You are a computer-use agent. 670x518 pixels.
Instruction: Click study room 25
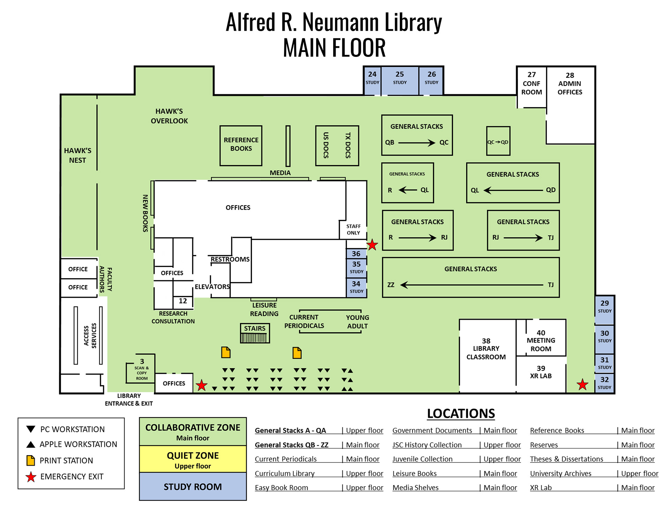tap(400, 81)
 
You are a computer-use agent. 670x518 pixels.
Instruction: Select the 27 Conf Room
tap(531, 87)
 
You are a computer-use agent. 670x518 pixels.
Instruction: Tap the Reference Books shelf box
tap(241, 146)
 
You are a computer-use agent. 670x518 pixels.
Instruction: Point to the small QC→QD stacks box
tap(498, 141)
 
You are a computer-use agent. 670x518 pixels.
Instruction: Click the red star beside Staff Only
tap(372, 245)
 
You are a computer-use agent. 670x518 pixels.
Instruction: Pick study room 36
tap(356, 254)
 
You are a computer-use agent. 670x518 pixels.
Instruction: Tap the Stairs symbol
tap(255, 333)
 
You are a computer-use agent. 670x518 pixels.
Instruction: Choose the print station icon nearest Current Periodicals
tap(297, 353)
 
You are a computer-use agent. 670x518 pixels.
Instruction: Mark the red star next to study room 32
tap(582, 385)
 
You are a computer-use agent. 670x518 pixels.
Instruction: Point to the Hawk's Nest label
tap(77, 155)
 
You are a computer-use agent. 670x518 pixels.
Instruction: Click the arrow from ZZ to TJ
tap(471, 285)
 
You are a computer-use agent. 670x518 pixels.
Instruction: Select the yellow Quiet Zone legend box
tap(193, 459)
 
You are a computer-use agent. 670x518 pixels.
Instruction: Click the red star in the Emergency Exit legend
tap(31, 477)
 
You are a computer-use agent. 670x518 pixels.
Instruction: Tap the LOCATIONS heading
tap(461, 414)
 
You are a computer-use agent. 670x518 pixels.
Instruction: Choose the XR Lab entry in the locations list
tap(541, 488)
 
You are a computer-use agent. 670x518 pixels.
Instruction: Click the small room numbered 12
tap(183, 301)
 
